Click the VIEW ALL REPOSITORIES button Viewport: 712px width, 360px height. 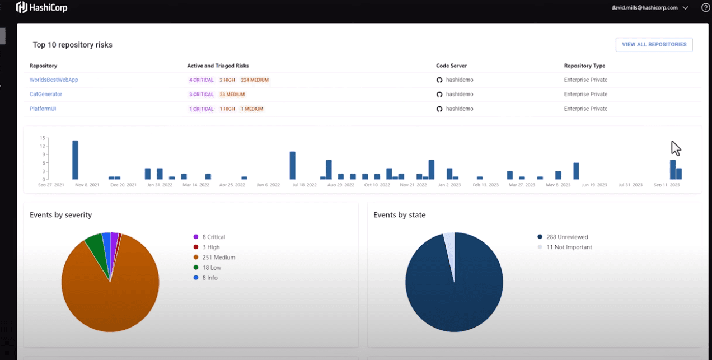pos(654,45)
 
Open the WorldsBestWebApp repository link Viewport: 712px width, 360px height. pos(54,80)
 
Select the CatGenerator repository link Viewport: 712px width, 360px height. pos(46,95)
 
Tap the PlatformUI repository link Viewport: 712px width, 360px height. pos(43,109)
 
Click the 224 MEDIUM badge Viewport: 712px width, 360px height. pos(255,80)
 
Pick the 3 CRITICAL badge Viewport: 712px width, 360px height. pos(202,95)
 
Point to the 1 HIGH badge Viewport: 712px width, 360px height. pos(227,109)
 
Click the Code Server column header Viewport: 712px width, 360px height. pos(451,66)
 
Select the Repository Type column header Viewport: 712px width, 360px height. pos(584,66)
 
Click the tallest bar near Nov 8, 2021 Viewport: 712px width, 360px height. pos(75,160)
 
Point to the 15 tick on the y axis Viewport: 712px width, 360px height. pos(42,138)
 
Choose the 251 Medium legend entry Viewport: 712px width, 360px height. pos(218,258)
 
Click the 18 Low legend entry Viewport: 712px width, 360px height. pos(212,268)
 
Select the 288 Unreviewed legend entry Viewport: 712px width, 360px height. pos(567,237)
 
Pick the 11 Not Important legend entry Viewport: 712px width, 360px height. pos(569,247)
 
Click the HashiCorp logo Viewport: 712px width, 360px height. pos(42,8)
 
